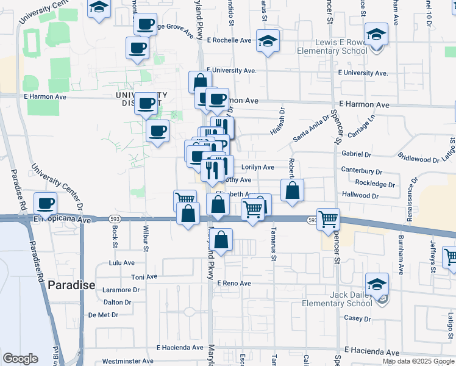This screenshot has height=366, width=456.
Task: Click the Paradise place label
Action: (x=71, y=285)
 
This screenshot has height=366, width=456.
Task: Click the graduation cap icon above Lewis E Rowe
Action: (x=377, y=35)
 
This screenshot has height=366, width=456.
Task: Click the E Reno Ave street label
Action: (x=234, y=284)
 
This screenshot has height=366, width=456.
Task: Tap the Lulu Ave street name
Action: (x=121, y=263)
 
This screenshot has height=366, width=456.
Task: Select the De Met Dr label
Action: (x=103, y=315)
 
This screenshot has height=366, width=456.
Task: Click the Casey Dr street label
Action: (x=357, y=318)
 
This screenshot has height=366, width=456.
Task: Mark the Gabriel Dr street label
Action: (x=357, y=154)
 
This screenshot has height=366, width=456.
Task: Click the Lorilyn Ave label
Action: (x=258, y=167)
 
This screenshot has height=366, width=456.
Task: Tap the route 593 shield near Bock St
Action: (x=115, y=218)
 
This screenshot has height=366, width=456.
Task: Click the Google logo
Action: (x=20, y=359)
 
